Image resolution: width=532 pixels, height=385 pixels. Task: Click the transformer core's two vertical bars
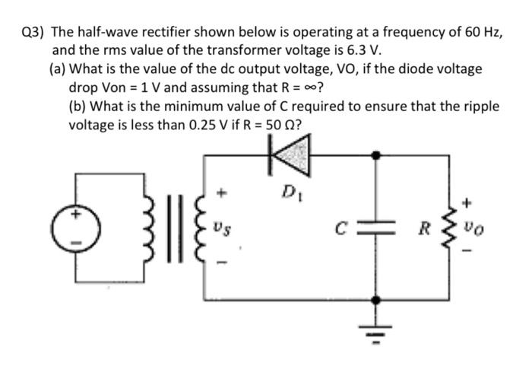click(169, 226)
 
